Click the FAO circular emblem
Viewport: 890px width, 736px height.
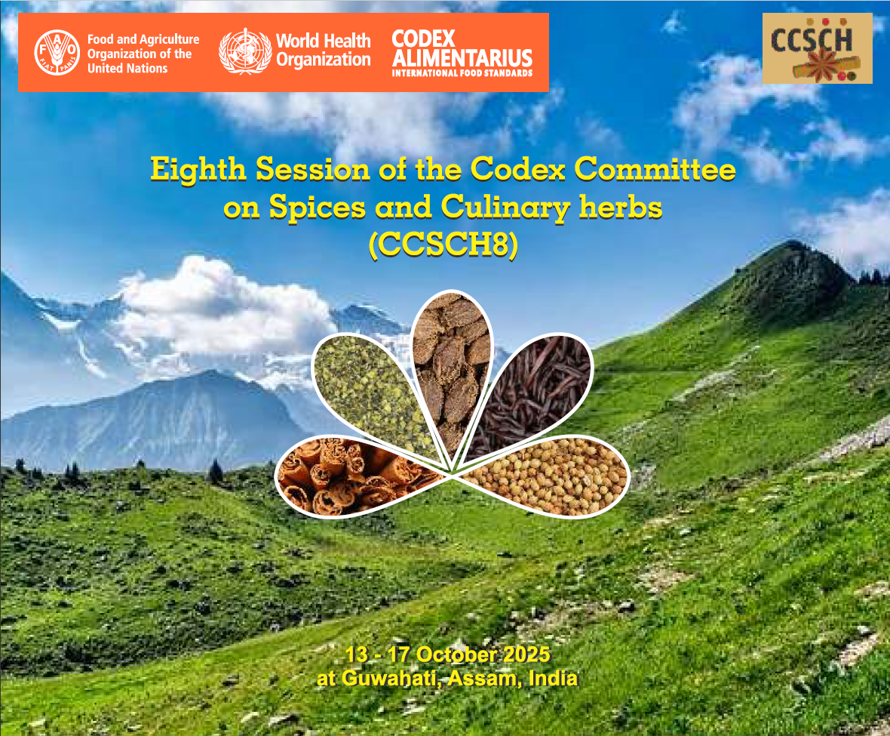(x=57, y=53)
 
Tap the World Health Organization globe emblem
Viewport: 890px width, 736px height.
(x=245, y=51)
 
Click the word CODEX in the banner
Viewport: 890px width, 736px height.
(x=423, y=38)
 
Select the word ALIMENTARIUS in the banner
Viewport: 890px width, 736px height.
(x=462, y=58)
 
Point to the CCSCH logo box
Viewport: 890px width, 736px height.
(x=818, y=48)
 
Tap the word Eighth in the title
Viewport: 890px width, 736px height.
(x=198, y=170)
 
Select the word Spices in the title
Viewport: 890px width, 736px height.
(x=318, y=208)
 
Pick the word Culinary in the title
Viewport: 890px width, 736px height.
(x=505, y=208)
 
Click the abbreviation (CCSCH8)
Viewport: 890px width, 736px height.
(x=443, y=245)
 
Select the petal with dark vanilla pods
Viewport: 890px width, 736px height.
(x=531, y=392)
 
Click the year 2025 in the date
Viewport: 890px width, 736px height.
(x=526, y=654)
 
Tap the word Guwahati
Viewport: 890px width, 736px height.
(x=389, y=679)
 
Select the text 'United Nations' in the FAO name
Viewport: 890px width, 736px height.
(x=127, y=69)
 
